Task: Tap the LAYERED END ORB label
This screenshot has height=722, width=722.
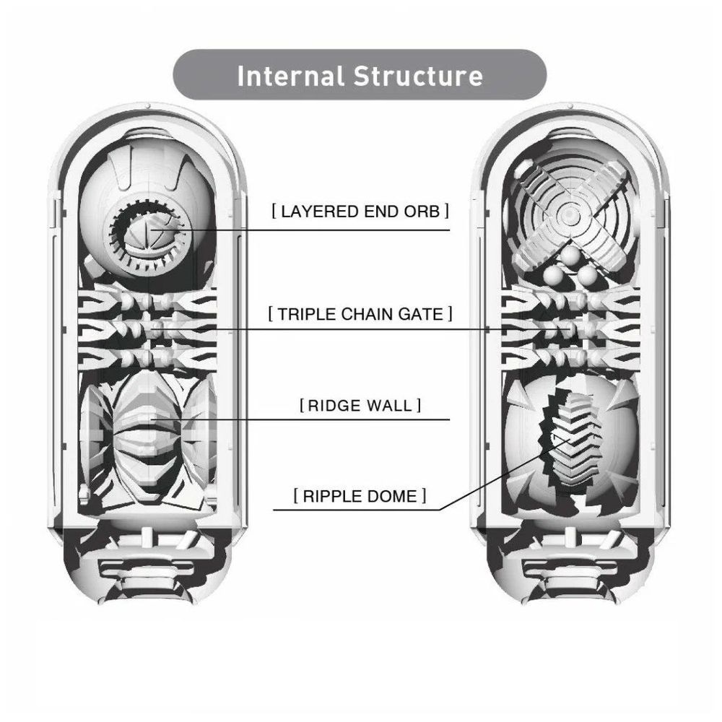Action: [x=360, y=212]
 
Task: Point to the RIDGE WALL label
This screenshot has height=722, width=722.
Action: [x=360, y=405]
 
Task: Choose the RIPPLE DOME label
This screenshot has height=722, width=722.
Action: [x=360, y=496]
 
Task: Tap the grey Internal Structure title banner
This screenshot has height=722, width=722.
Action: [x=360, y=75]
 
